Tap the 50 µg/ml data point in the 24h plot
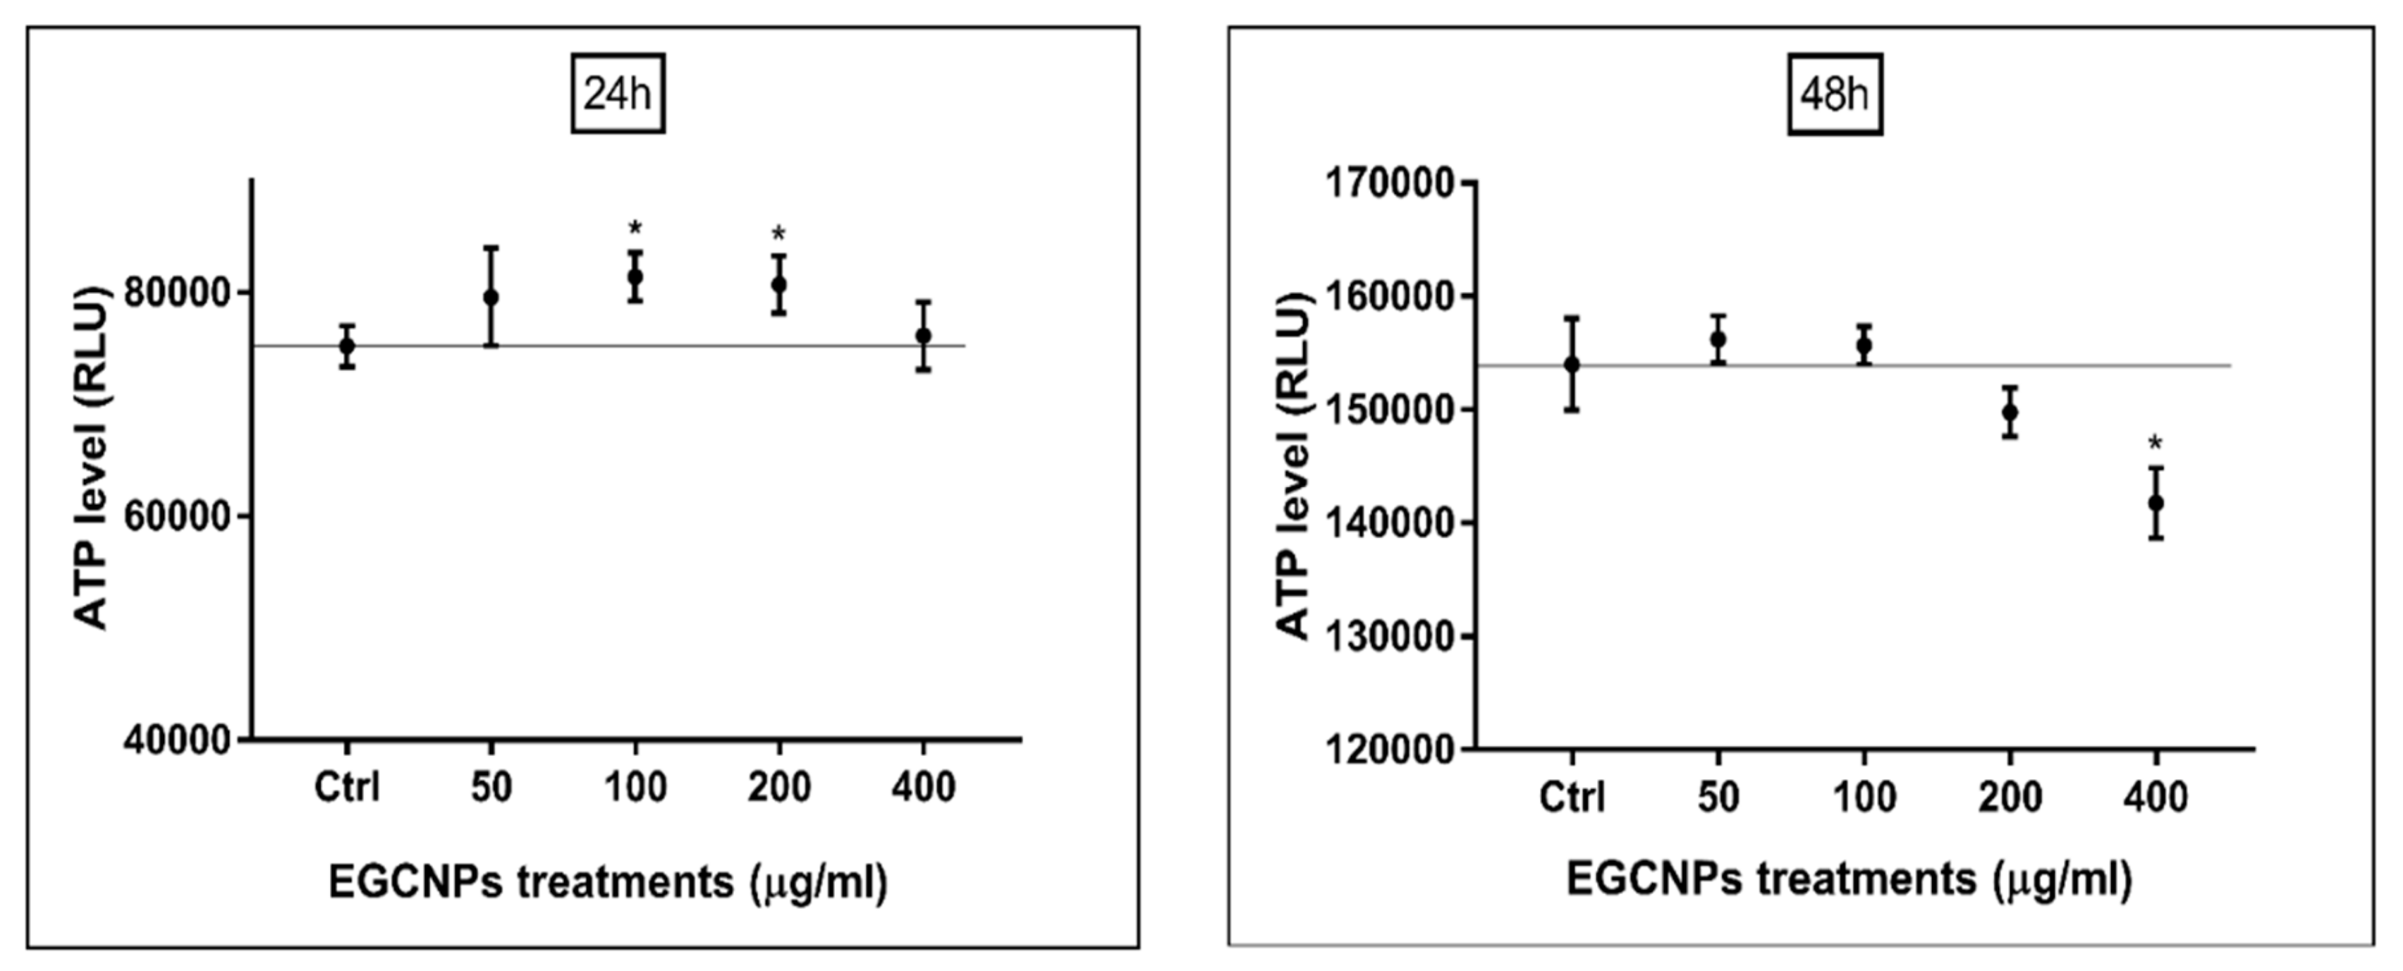[491, 298]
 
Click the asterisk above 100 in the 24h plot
[635, 228]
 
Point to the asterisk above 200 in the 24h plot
[779, 234]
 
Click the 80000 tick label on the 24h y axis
[177, 293]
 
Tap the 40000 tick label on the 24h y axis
[177, 740]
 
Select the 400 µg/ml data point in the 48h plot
[2156, 503]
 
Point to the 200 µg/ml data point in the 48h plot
[2010, 411]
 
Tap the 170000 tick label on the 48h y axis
[1390, 184]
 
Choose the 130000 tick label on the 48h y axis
[1390, 637]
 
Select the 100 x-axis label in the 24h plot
[635, 788]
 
